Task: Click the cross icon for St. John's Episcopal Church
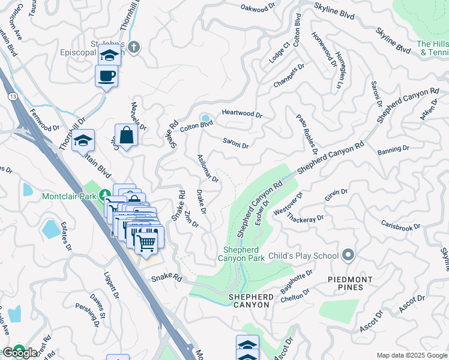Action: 134,47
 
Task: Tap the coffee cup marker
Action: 107,76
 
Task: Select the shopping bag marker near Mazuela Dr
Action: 127,136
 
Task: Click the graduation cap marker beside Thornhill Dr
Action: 83,142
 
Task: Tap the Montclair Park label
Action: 70,196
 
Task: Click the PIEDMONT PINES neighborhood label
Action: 350,283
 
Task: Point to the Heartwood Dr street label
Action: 242,113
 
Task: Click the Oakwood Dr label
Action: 261,8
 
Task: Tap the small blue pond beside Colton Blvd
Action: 206,118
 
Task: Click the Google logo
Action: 20,353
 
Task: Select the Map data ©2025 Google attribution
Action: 411,355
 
